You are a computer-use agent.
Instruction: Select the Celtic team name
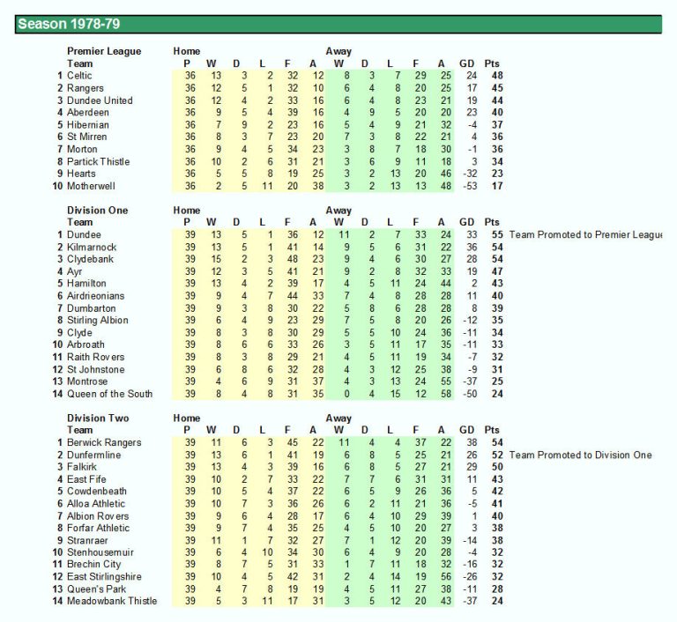tap(79, 76)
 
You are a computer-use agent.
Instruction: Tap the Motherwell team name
tap(92, 186)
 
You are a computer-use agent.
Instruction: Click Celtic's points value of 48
tap(497, 76)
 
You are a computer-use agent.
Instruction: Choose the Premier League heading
tap(104, 51)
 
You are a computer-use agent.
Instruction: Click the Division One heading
tap(98, 211)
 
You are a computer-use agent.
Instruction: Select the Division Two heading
tap(98, 418)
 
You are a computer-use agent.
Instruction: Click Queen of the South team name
tap(109, 394)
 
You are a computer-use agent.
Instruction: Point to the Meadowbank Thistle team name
tap(112, 601)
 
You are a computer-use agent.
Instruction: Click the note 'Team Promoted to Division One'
tap(580, 455)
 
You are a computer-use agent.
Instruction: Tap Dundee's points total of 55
tap(497, 235)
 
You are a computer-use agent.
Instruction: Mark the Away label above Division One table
tap(338, 211)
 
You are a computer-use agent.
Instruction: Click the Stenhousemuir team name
tap(100, 552)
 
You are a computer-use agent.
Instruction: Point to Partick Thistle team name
tap(100, 161)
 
